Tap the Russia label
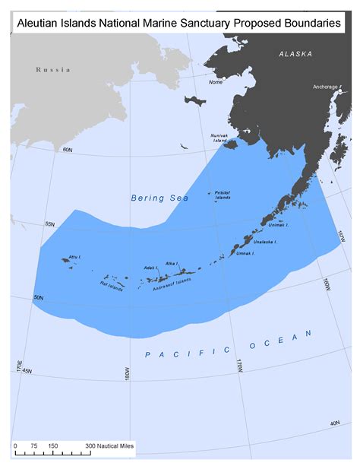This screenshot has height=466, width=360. pos(53,70)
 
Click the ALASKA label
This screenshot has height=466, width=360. pos(296,54)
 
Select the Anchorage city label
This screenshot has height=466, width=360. pos(325,87)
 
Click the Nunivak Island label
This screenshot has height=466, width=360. pos(219,138)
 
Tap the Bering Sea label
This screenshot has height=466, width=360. pos(158,198)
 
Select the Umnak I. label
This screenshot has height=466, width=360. pos(246,253)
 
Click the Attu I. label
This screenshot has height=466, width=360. pos(75,257)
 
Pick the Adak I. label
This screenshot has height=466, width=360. pos(150,268)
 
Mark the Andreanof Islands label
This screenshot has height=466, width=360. pos(172,284)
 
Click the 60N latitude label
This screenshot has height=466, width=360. pos(68,151)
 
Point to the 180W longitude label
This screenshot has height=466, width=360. pos(127,375)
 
